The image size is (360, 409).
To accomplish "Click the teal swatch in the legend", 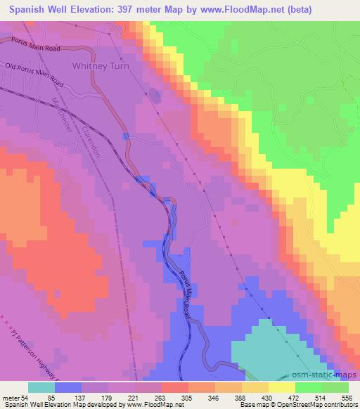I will point(41,387).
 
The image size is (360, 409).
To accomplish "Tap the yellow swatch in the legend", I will point(282,387).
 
